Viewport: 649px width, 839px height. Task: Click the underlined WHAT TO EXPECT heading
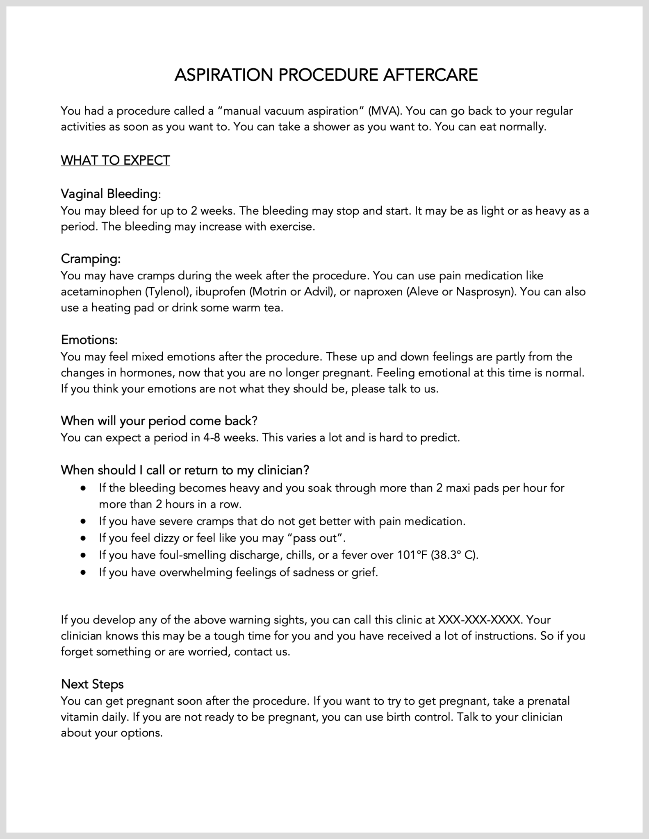pyautogui.click(x=115, y=160)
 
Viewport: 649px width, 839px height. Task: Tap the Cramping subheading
pyautogui.click(x=91, y=259)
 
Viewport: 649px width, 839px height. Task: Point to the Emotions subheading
pyautogui.click(x=89, y=340)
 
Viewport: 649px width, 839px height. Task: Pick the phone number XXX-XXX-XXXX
pyautogui.click(x=480, y=620)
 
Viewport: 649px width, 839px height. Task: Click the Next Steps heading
pyautogui.click(x=92, y=684)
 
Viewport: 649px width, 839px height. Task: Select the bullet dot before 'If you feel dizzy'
pyautogui.click(x=84, y=538)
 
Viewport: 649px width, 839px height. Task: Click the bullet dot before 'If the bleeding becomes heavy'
pyautogui.click(x=84, y=488)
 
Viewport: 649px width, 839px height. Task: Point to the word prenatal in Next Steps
pyautogui.click(x=549, y=701)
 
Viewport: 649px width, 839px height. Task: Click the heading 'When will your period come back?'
pyautogui.click(x=159, y=421)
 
